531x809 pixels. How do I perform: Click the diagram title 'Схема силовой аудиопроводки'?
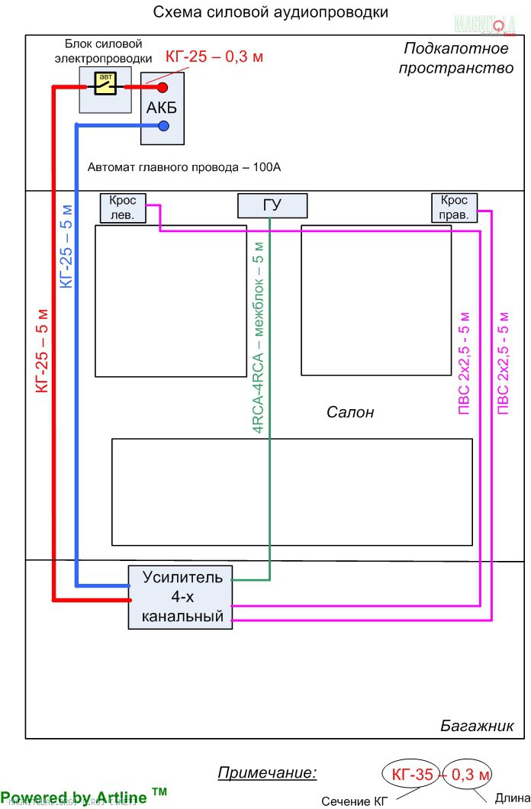pos(271,12)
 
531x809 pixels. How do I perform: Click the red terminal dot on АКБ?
pos(163,88)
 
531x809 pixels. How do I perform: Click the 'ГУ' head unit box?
pos(272,206)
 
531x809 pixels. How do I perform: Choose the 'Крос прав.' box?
pos(455,208)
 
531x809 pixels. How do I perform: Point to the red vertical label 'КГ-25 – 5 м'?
pos(43,350)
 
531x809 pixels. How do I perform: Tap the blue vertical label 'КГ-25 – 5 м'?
pos(66,246)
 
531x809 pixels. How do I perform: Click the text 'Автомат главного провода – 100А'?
pos(185,167)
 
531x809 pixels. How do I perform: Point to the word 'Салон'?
pos(350,412)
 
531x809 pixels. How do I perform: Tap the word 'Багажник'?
pos(477,726)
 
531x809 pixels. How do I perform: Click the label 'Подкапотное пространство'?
pos(458,59)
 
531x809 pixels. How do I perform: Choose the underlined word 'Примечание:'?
pos(267,772)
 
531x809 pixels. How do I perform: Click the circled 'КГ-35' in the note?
pos(412,775)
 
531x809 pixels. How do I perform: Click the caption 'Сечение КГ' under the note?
pos(355,801)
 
